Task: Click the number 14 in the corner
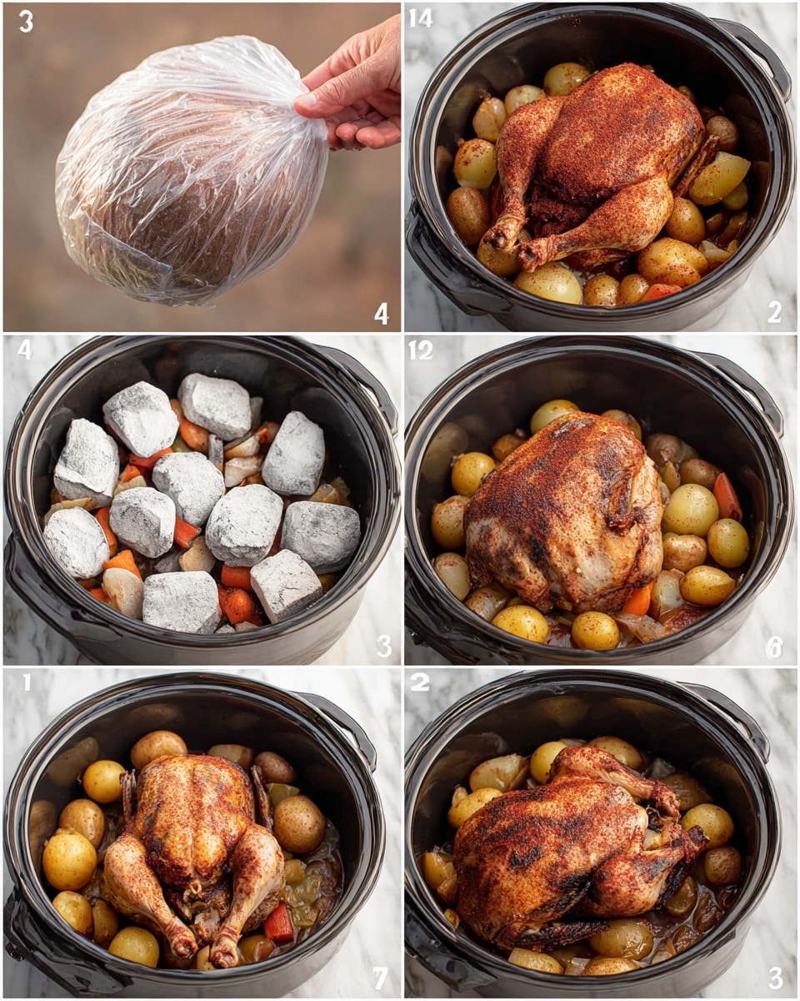point(421,18)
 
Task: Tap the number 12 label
point(421,350)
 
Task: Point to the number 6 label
point(774,645)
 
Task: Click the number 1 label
point(26,683)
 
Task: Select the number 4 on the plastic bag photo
point(381,314)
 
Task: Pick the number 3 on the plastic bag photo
point(26,21)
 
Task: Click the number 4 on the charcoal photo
point(25,349)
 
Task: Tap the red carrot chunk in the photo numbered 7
point(278,923)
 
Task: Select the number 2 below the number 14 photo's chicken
point(774,312)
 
